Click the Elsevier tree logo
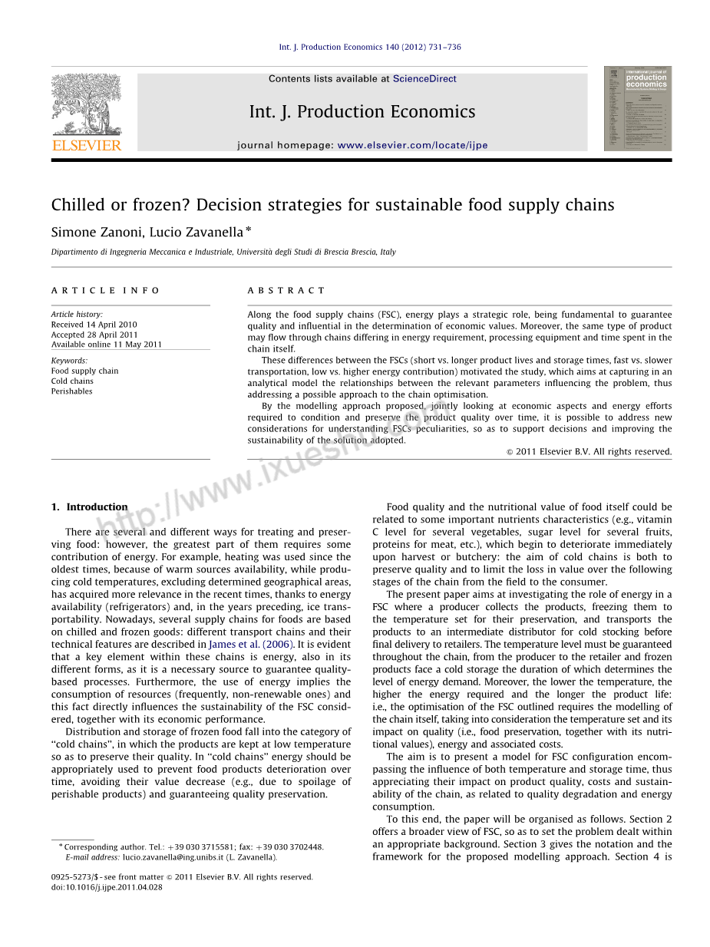tap(86, 105)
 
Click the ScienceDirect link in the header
tap(424, 79)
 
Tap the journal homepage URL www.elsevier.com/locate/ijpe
tap(412, 146)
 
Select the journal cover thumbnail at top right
tap(637, 108)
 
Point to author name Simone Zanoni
tap(95, 233)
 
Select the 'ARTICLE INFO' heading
tap(106, 291)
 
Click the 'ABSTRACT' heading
tap(286, 291)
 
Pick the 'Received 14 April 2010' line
tap(94, 325)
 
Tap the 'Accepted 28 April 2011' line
tap(94, 335)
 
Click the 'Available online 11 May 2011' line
tap(107, 345)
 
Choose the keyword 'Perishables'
tap(71, 391)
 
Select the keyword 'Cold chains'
tap(72, 381)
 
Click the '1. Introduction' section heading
tap(89, 507)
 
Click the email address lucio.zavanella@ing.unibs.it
tap(173, 857)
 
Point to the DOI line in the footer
tap(107, 887)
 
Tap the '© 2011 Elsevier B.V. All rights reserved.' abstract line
tap(589, 452)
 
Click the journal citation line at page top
tap(370, 48)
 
